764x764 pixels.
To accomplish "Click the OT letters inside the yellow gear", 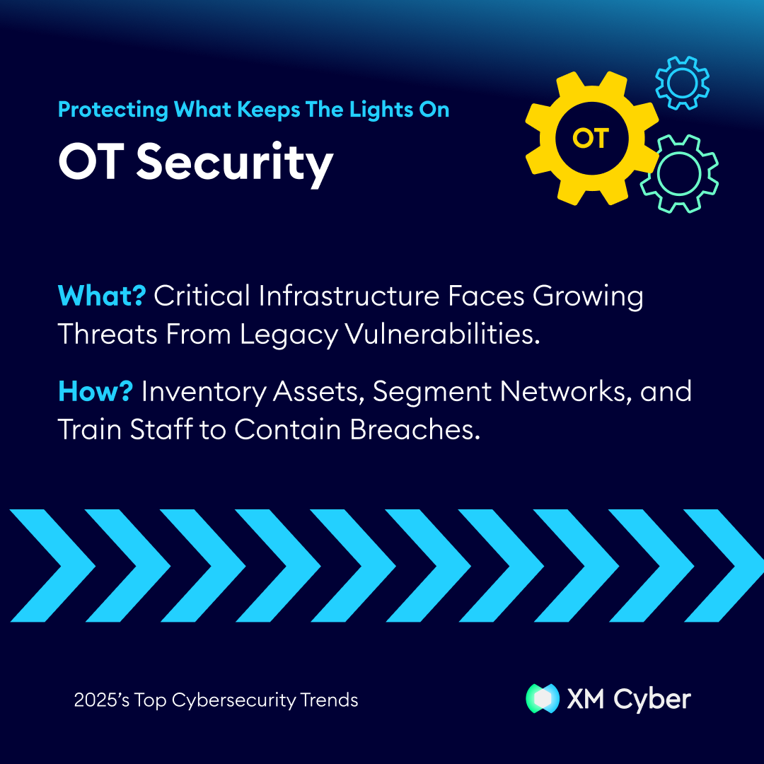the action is [x=591, y=139].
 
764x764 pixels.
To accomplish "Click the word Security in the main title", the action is [x=235, y=164].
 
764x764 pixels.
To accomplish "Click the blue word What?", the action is [x=102, y=295].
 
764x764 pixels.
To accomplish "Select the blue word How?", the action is [x=95, y=391].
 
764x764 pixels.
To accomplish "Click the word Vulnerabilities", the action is [x=443, y=334].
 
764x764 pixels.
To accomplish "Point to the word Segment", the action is [x=432, y=393].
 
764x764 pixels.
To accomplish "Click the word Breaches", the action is [x=415, y=430].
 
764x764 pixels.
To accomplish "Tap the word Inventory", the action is [x=204, y=393].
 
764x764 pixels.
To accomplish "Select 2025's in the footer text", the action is [x=102, y=700].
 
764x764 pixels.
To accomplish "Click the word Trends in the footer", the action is [x=329, y=700].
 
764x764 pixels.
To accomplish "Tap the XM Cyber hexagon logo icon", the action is [x=543, y=698].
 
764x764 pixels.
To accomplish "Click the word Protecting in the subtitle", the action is [x=113, y=110].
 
